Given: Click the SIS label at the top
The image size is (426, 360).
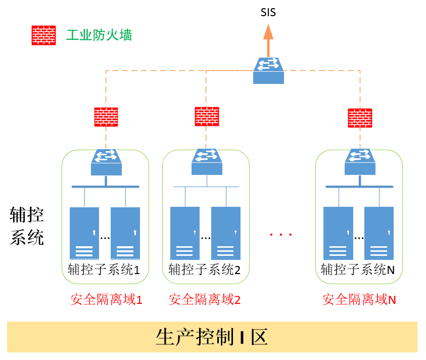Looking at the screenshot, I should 268,12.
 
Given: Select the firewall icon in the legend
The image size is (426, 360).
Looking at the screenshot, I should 44,35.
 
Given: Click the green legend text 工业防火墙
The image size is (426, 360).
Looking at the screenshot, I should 99,35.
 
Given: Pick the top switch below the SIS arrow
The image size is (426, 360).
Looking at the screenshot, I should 268,70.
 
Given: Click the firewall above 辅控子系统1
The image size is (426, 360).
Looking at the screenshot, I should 106,117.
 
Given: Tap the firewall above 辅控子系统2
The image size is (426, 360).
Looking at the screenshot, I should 207,117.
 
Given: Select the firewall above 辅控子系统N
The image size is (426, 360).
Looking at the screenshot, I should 360,118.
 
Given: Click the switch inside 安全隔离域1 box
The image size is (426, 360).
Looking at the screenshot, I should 106,162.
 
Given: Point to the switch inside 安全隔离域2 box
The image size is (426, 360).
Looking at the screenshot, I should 207,161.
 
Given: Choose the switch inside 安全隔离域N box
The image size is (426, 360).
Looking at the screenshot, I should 360,162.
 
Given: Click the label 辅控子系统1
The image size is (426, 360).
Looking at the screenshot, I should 104,269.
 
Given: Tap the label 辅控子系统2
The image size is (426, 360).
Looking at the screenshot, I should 205,269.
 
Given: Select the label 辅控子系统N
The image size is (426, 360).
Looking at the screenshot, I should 358,269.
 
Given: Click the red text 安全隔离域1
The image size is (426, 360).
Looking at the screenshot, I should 106,300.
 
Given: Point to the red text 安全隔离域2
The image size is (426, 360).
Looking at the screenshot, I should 205,300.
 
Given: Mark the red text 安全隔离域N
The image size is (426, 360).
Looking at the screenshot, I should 359,300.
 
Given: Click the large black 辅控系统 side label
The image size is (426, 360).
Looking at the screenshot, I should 27,226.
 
